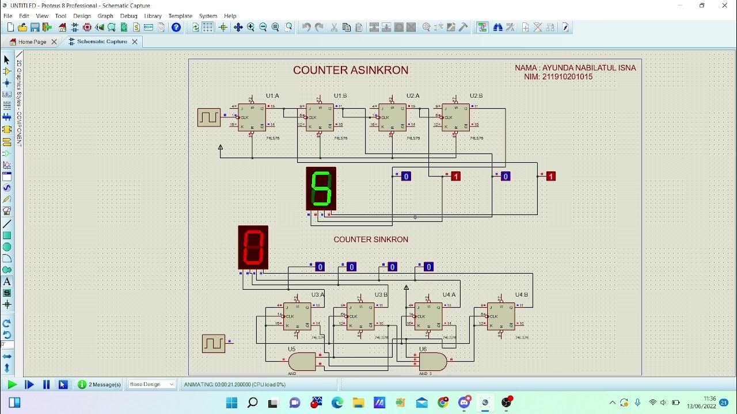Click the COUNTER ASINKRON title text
tap(351, 70)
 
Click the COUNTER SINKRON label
tap(371, 239)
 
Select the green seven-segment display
tap(321, 189)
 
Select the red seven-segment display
tap(253, 247)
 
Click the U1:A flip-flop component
tap(252, 117)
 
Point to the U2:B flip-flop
tap(455, 117)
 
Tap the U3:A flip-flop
tap(297, 316)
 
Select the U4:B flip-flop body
tap(501, 316)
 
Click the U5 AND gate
tap(302, 362)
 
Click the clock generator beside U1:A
tap(208, 117)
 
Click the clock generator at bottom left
tap(213, 343)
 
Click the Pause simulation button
tap(47, 385)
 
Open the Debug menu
tap(128, 16)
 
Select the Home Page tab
tap(32, 42)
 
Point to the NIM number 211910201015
tap(567, 77)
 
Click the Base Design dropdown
tap(152, 385)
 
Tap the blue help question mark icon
tap(176, 27)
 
